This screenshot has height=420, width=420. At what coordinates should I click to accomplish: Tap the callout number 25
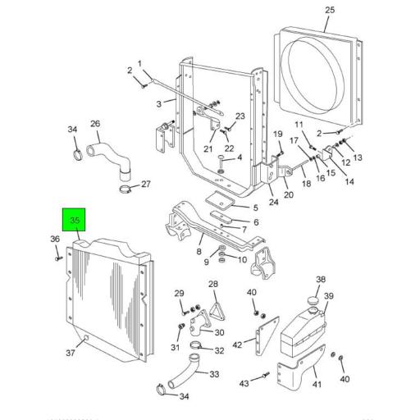click(x=330, y=10)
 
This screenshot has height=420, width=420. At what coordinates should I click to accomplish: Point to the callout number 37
click(x=71, y=353)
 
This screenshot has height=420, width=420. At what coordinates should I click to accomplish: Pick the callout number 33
click(x=214, y=375)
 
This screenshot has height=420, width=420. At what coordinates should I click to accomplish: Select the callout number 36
click(x=55, y=239)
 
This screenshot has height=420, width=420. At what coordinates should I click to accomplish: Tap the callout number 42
click(x=238, y=345)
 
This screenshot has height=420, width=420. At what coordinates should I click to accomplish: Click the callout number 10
click(x=242, y=260)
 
